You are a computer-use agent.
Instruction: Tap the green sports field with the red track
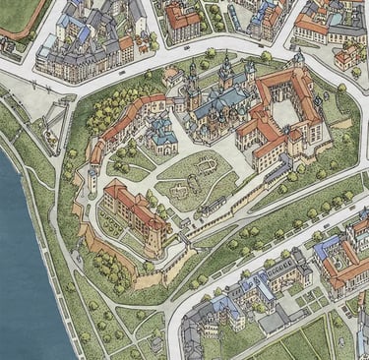(x=18, y=12)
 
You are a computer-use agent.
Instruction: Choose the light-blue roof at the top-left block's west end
(x=70, y=24)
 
